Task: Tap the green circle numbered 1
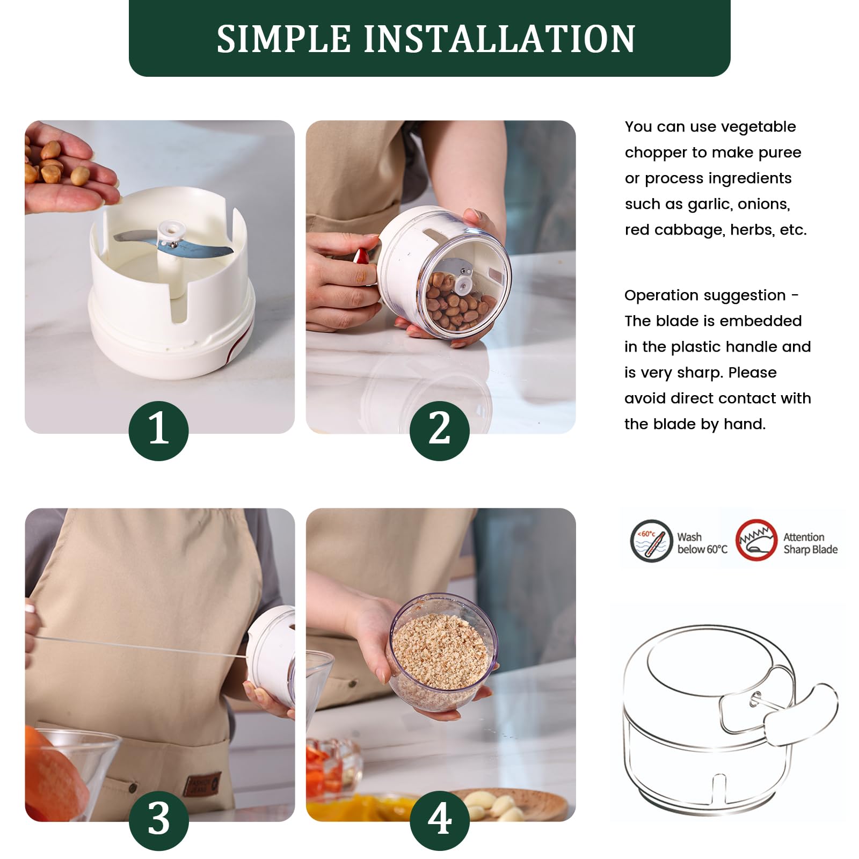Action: pyautogui.click(x=158, y=430)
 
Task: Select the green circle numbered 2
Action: pyautogui.click(x=439, y=430)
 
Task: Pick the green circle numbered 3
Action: pyautogui.click(x=158, y=820)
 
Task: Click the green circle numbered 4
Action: pyautogui.click(x=439, y=820)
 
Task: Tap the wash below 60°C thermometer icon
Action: pyautogui.click(x=651, y=541)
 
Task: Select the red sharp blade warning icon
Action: pyautogui.click(x=756, y=541)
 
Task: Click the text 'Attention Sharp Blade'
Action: pyautogui.click(x=810, y=543)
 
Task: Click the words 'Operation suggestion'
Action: pyautogui.click(x=704, y=295)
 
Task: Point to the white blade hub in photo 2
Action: pyautogui.click(x=463, y=284)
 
